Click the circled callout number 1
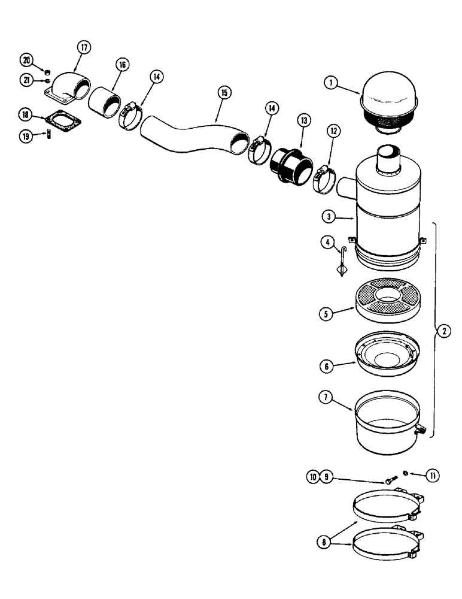pos(329,83)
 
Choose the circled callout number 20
pos(27,59)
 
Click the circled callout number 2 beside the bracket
pos(443,331)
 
